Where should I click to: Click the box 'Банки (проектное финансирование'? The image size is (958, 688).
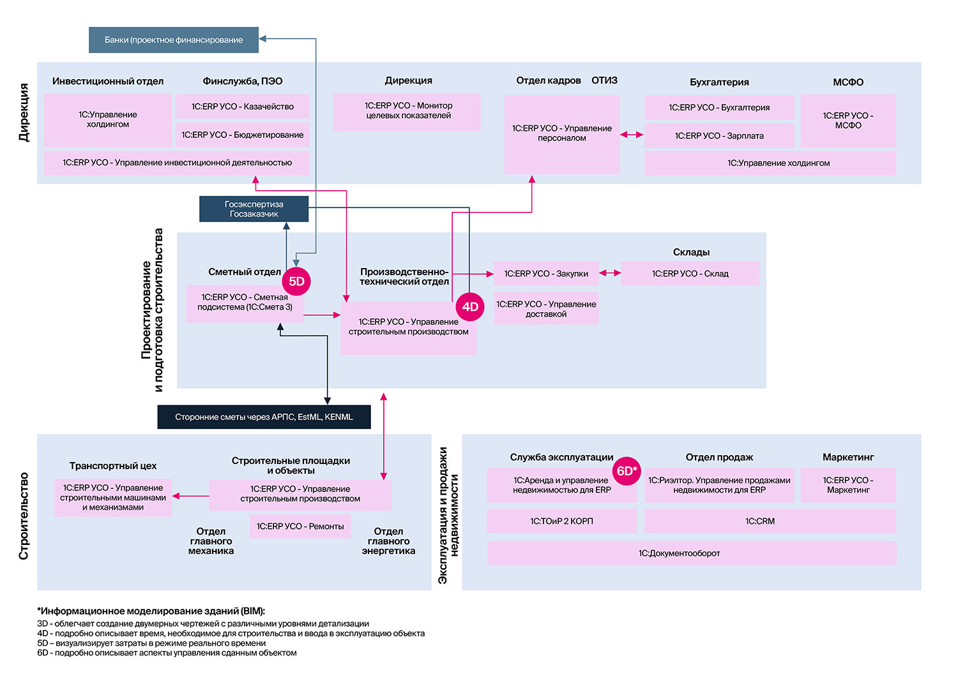coord(174,40)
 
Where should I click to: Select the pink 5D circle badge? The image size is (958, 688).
coord(296,281)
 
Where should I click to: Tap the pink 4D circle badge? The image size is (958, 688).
coord(470,306)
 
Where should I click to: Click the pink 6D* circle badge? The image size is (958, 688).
coord(627,471)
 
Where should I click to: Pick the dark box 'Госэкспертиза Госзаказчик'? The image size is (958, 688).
coord(254,209)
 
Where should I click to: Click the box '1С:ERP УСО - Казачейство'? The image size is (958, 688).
coord(243,107)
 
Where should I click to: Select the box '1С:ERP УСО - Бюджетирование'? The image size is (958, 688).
coord(243,135)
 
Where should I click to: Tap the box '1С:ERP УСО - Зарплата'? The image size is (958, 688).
coord(719,135)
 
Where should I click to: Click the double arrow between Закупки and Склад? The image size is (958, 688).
coord(610,273)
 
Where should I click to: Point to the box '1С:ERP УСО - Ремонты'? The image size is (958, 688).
coord(300,526)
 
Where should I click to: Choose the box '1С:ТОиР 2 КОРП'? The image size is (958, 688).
coord(561,521)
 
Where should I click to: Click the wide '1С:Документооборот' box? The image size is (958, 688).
coord(692,553)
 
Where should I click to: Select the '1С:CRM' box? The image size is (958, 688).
coord(770,521)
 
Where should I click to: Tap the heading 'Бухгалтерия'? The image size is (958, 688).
coord(719,82)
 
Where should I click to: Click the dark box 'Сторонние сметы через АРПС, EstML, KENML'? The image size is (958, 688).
coord(264,417)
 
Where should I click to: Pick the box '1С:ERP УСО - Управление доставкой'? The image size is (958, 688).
coord(546,308)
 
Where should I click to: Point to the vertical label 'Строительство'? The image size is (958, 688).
coord(24,516)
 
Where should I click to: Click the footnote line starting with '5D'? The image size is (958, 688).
coord(151,643)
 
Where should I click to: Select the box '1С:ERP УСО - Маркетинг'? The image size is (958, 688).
coord(848,485)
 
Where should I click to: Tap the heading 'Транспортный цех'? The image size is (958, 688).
coord(113,466)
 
